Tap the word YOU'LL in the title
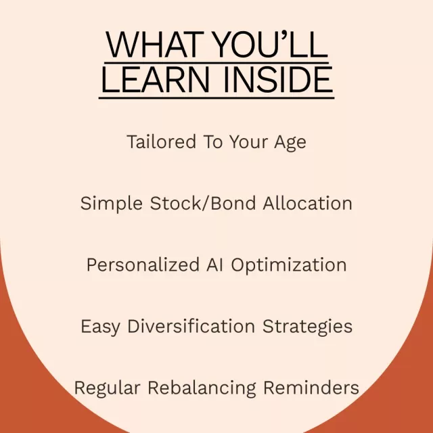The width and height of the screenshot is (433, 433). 271,44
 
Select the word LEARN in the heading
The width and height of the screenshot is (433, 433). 156,80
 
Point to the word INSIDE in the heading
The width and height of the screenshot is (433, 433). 278,80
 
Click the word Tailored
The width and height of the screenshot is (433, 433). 162,141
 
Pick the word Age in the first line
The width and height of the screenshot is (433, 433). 290,143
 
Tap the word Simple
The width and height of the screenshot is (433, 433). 112,204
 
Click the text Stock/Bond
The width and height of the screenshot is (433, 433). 203,203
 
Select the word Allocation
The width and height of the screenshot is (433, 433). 308,203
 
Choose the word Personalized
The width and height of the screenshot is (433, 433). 143,265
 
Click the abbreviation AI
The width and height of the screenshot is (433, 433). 214,265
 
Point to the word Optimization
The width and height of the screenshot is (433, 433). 289,266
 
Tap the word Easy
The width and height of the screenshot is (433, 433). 100,327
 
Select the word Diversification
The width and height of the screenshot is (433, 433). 191,326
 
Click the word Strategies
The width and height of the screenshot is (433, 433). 307,327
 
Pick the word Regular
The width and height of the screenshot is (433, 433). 107,388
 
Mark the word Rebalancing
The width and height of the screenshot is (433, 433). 202,388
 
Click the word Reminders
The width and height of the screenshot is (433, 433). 311,387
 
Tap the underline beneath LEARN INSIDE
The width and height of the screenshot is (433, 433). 216,97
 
